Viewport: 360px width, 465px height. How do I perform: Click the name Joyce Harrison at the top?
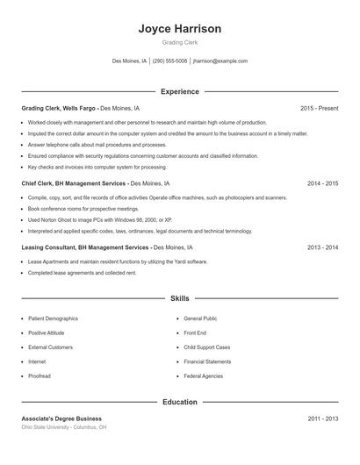(x=179, y=28)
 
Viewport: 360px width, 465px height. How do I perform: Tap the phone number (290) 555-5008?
(x=170, y=61)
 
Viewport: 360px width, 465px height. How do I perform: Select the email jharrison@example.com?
(x=220, y=61)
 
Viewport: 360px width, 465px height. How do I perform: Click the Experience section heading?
(x=179, y=91)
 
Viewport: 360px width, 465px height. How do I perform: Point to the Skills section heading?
(x=179, y=299)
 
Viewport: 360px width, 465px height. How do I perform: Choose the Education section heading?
(x=179, y=402)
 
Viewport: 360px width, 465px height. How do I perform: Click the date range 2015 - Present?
(x=319, y=108)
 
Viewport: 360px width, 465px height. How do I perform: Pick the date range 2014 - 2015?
(x=322, y=184)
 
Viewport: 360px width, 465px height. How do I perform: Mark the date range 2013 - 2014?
(x=322, y=247)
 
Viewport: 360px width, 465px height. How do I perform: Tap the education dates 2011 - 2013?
(x=322, y=418)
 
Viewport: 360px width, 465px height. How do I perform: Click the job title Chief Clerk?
(x=39, y=184)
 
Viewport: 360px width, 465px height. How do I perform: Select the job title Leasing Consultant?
(x=47, y=247)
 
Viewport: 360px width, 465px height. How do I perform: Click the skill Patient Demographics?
(x=53, y=318)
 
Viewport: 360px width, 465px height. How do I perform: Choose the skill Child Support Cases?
(x=207, y=347)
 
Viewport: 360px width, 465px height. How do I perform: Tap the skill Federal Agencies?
(x=203, y=376)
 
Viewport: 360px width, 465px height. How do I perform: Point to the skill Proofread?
(x=40, y=376)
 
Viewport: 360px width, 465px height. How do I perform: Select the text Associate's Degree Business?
(x=61, y=418)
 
